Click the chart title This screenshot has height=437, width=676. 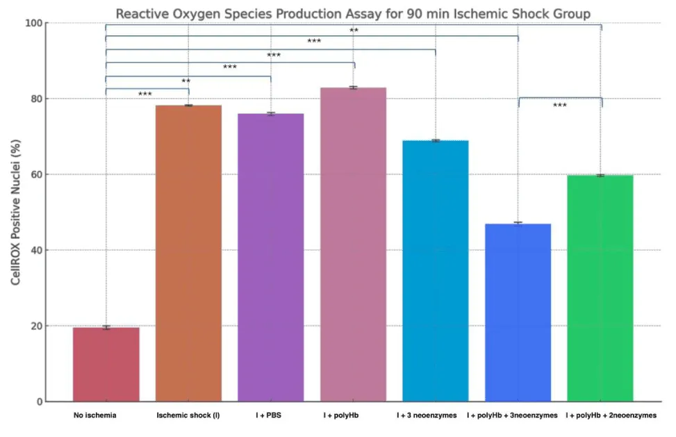coord(353,13)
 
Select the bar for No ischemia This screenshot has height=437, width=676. coord(106,364)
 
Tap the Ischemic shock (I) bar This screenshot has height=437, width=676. coord(188,254)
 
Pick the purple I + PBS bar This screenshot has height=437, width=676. coord(270,257)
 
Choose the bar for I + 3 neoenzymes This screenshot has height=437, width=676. coord(436,271)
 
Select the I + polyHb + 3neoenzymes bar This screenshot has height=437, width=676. coord(518,313)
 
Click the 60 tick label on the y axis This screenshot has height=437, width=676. coord(36,174)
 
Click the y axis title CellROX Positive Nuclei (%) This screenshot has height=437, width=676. coord(15,213)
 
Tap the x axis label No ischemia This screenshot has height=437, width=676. coord(94,415)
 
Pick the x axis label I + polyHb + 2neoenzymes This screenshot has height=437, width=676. coord(611,415)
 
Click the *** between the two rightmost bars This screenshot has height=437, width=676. coord(559,106)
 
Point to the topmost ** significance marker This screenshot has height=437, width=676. coord(354,31)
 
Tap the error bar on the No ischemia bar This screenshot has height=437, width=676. coord(106,327)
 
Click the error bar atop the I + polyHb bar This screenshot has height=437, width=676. coord(353,88)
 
